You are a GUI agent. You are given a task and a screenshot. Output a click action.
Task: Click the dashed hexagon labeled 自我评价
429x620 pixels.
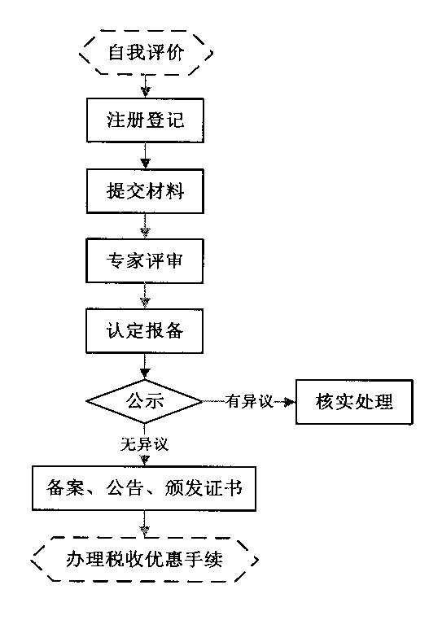pyautogui.click(x=146, y=54)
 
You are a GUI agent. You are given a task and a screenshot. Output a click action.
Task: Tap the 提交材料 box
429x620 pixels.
pyautogui.click(x=145, y=192)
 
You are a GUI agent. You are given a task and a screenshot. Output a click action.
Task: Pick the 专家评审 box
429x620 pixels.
pyautogui.click(x=145, y=262)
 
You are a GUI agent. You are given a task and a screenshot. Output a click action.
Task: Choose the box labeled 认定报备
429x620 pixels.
pyautogui.click(x=145, y=332)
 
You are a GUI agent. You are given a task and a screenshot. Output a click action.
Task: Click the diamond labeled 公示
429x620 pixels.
pyautogui.click(x=145, y=400)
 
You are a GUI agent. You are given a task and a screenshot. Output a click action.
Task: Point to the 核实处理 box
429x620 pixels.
pyautogui.click(x=355, y=401)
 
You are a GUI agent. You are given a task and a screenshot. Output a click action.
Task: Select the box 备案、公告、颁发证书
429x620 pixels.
pyautogui.click(x=144, y=490)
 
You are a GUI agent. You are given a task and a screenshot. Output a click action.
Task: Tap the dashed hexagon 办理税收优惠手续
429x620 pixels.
pyautogui.click(x=146, y=560)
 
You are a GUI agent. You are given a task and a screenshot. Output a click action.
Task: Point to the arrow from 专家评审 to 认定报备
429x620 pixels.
pyautogui.click(x=145, y=297)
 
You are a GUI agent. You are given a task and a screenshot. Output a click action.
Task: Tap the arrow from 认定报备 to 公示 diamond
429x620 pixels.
pyautogui.click(x=145, y=366)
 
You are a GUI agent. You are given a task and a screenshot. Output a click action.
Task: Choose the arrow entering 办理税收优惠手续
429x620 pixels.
pyautogui.click(x=145, y=526)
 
